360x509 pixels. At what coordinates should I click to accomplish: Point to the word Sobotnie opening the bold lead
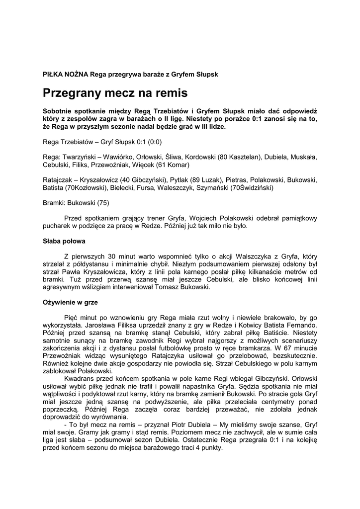[61, 111]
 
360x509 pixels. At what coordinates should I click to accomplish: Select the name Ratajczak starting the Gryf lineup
[58, 180]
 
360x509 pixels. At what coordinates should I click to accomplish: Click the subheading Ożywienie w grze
[70, 302]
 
